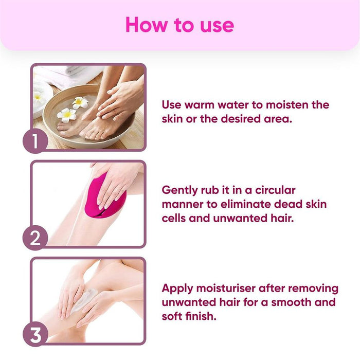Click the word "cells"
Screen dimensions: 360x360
click(175, 218)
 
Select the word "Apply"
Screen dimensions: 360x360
click(178, 288)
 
